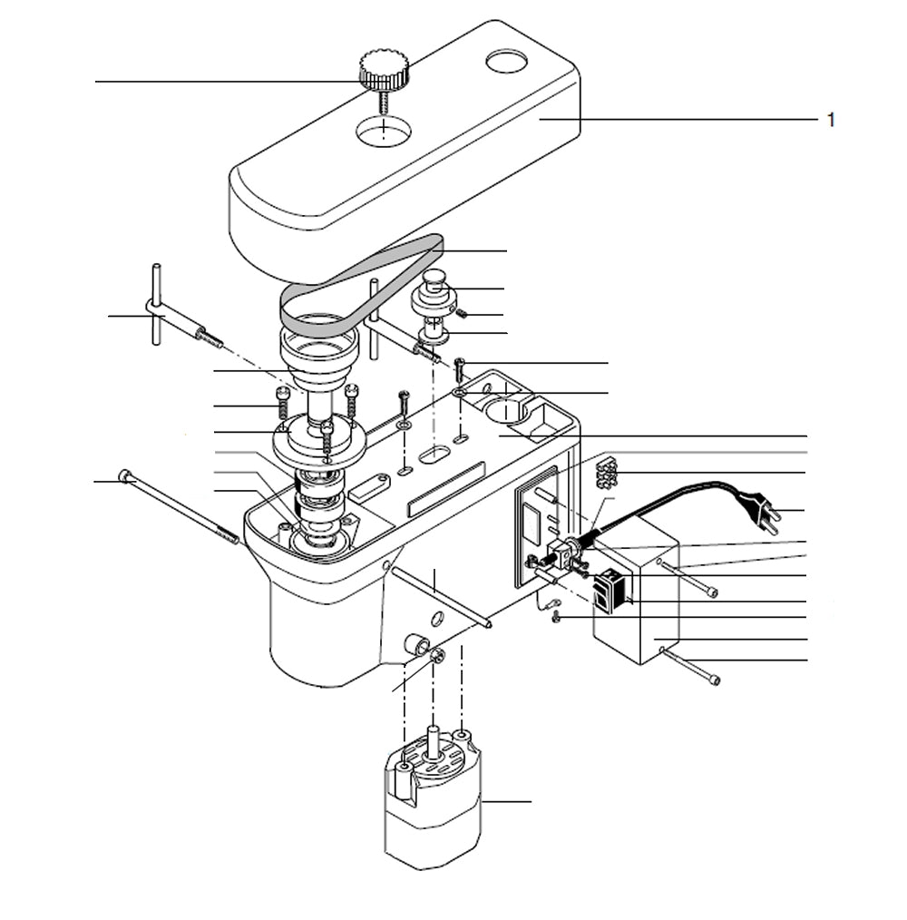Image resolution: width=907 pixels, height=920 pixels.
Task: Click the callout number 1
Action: click(831, 120)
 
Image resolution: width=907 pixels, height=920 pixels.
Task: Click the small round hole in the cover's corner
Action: click(506, 62)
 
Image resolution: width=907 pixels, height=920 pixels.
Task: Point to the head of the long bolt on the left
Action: click(125, 475)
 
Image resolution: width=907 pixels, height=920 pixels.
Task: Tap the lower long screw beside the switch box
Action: click(695, 667)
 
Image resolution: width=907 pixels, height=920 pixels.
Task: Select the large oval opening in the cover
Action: click(384, 132)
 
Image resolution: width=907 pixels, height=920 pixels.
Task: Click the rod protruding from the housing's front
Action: click(444, 599)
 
